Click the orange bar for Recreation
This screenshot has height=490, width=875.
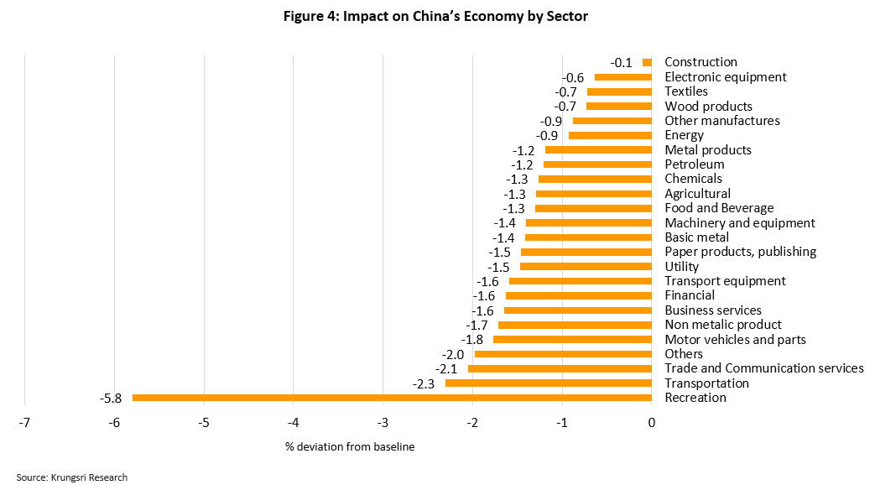point(392,398)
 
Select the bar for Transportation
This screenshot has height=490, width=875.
point(548,383)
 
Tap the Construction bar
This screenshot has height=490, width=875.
point(647,62)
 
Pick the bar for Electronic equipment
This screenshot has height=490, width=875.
point(623,77)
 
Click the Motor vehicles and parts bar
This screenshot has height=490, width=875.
point(572,340)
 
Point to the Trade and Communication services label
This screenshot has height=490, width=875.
point(763,369)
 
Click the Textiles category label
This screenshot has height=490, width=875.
point(685,91)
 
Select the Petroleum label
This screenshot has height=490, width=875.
point(694,164)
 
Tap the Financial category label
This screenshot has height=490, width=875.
point(689,295)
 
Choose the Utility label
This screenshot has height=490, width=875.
point(681,267)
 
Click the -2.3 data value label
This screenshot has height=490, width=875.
point(424,383)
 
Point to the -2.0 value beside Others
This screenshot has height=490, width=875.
point(454,355)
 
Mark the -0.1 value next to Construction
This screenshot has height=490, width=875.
point(622,62)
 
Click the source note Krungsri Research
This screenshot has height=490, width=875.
point(72,477)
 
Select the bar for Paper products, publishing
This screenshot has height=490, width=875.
point(586,253)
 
